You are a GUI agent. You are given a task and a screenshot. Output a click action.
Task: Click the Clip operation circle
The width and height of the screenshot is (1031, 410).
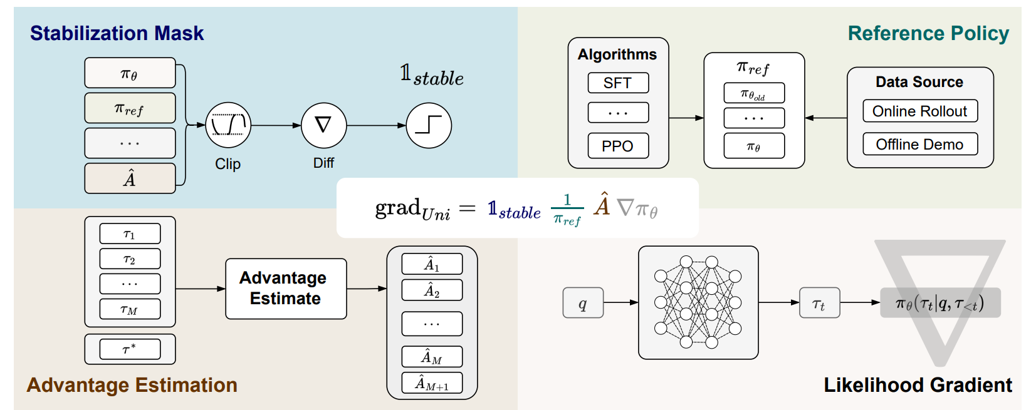click(x=228, y=125)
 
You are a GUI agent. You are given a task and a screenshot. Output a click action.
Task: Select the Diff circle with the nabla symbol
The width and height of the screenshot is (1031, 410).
click(x=323, y=125)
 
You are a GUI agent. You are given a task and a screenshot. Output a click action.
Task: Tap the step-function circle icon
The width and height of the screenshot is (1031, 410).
click(x=429, y=125)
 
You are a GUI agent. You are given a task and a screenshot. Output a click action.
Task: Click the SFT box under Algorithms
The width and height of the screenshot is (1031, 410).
click(x=618, y=83)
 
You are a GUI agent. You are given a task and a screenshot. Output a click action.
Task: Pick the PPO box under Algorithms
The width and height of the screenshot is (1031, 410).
click(x=618, y=146)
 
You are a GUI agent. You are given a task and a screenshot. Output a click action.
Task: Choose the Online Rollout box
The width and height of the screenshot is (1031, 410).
click(x=919, y=111)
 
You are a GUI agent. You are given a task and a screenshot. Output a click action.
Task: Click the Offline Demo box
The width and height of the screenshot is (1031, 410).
click(x=919, y=145)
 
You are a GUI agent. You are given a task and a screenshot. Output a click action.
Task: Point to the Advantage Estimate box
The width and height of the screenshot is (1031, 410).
click(x=286, y=289)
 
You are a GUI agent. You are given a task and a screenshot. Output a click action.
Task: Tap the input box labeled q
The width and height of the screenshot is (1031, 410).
click(x=583, y=303)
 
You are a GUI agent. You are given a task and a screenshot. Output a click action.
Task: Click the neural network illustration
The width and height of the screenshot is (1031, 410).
click(x=698, y=302)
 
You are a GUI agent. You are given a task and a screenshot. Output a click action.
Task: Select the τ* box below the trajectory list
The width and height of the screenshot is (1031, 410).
click(x=130, y=349)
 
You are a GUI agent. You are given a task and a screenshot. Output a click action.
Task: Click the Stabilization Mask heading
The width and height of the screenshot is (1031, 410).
click(x=117, y=33)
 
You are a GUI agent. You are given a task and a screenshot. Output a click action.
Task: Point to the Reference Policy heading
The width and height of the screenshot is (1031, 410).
click(x=928, y=33)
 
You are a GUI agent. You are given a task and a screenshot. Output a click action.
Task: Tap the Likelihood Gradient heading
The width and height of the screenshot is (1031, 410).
click(x=918, y=385)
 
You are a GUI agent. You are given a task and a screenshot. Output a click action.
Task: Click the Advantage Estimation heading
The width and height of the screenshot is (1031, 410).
click(x=132, y=385)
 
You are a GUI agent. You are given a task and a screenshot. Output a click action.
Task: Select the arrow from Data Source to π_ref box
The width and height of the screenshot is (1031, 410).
click(x=825, y=118)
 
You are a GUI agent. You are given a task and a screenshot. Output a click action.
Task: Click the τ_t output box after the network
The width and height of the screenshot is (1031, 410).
click(x=819, y=303)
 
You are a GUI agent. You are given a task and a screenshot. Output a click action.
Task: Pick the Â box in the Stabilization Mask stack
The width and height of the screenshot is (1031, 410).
click(x=130, y=178)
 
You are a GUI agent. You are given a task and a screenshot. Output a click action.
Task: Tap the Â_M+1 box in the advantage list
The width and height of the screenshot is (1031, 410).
click(x=432, y=383)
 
